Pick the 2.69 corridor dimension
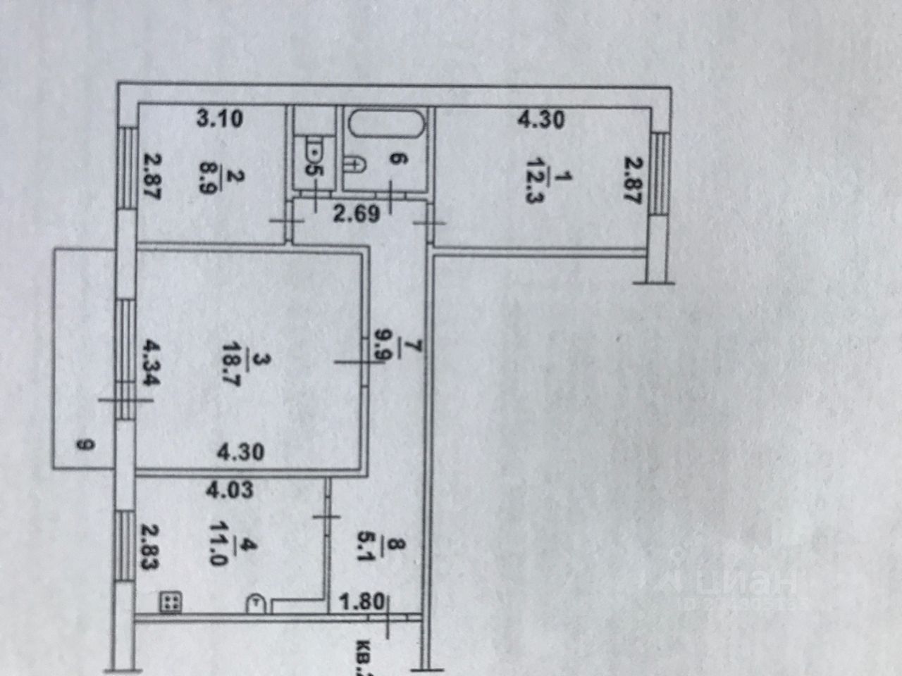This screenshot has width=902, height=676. (357, 213)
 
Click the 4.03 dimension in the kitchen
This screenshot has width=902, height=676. (229, 490)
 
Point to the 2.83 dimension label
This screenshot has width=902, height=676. (149, 546)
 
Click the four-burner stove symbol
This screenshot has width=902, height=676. (171, 601)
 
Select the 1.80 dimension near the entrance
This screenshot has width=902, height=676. (362, 602)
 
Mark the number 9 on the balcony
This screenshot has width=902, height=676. (85, 444)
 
